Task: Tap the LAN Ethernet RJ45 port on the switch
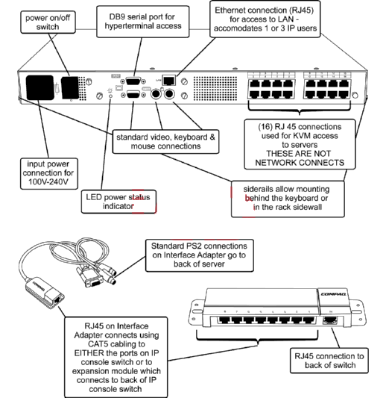coord(170,78)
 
